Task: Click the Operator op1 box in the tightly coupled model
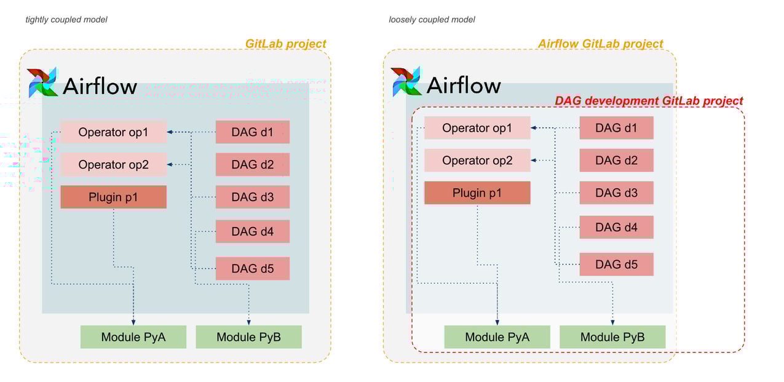point(113,132)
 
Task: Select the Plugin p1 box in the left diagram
point(113,197)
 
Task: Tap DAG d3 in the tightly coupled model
point(252,197)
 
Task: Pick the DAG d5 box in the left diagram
point(252,268)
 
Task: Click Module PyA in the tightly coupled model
point(133,337)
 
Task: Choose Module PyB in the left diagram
point(248,337)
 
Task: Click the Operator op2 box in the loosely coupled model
point(477,161)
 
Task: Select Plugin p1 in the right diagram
point(477,193)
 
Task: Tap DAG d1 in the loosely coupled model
point(616,128)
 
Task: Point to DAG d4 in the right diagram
point(616,227)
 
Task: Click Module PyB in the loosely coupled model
point(612,337)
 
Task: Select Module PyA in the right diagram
point(497,337)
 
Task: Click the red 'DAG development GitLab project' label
point(649,101)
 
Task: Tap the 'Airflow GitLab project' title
point(600,44)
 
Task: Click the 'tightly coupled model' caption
point(66,20)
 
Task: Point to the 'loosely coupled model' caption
point(432,20)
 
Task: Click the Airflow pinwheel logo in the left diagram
point(42,82)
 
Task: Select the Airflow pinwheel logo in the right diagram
point(406,82)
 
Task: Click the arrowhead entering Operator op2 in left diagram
point(170,164)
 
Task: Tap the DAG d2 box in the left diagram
point(252,164)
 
